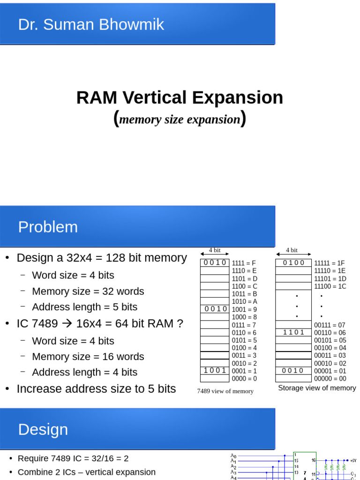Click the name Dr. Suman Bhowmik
pos(91,24)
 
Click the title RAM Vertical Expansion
pos(180,98)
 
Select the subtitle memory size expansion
pos(180,120)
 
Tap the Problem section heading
pos(48,227)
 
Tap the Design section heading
pos(43,429)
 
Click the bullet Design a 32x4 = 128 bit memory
pos(101,258)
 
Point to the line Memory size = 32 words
pos(88,291)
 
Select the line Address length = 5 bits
pos(84,307)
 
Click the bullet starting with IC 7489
pos(99,323)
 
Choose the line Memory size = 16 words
pos(88,356)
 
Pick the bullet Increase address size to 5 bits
pos(96,389)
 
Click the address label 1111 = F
pos(244,263)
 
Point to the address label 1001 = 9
pos(244,309)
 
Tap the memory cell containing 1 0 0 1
pos(215,370)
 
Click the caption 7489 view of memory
pos(225,391)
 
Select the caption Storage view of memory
pos(317,388)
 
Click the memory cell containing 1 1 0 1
pos(293,332)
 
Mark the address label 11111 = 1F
pos(330,263)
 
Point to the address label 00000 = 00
pos(330,379)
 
